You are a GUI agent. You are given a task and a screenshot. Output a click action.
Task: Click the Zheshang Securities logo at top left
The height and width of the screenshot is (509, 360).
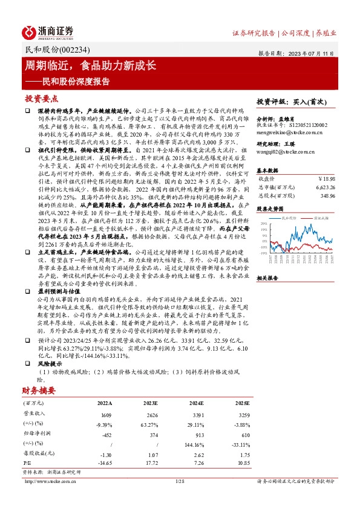tap(48, 32)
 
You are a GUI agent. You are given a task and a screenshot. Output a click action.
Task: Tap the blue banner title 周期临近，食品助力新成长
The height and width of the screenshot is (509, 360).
tap(90, 65)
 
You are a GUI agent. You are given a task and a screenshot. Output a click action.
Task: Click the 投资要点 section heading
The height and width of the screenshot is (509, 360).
tap(41, 98)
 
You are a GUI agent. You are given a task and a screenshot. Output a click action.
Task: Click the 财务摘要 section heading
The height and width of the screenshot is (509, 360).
tap(39, 391)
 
